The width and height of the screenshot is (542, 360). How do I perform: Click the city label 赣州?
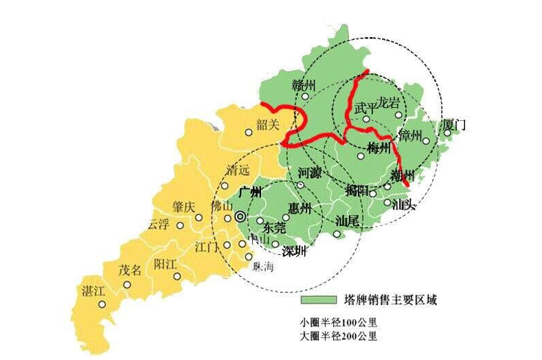304,86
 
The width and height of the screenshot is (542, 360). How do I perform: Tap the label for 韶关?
267,124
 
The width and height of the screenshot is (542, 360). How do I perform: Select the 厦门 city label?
455,125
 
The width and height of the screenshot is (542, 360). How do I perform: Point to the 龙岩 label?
388,104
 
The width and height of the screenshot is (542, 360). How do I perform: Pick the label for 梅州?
379,147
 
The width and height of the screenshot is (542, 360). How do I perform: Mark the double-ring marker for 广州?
240,216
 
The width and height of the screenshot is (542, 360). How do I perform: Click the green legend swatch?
317,300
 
